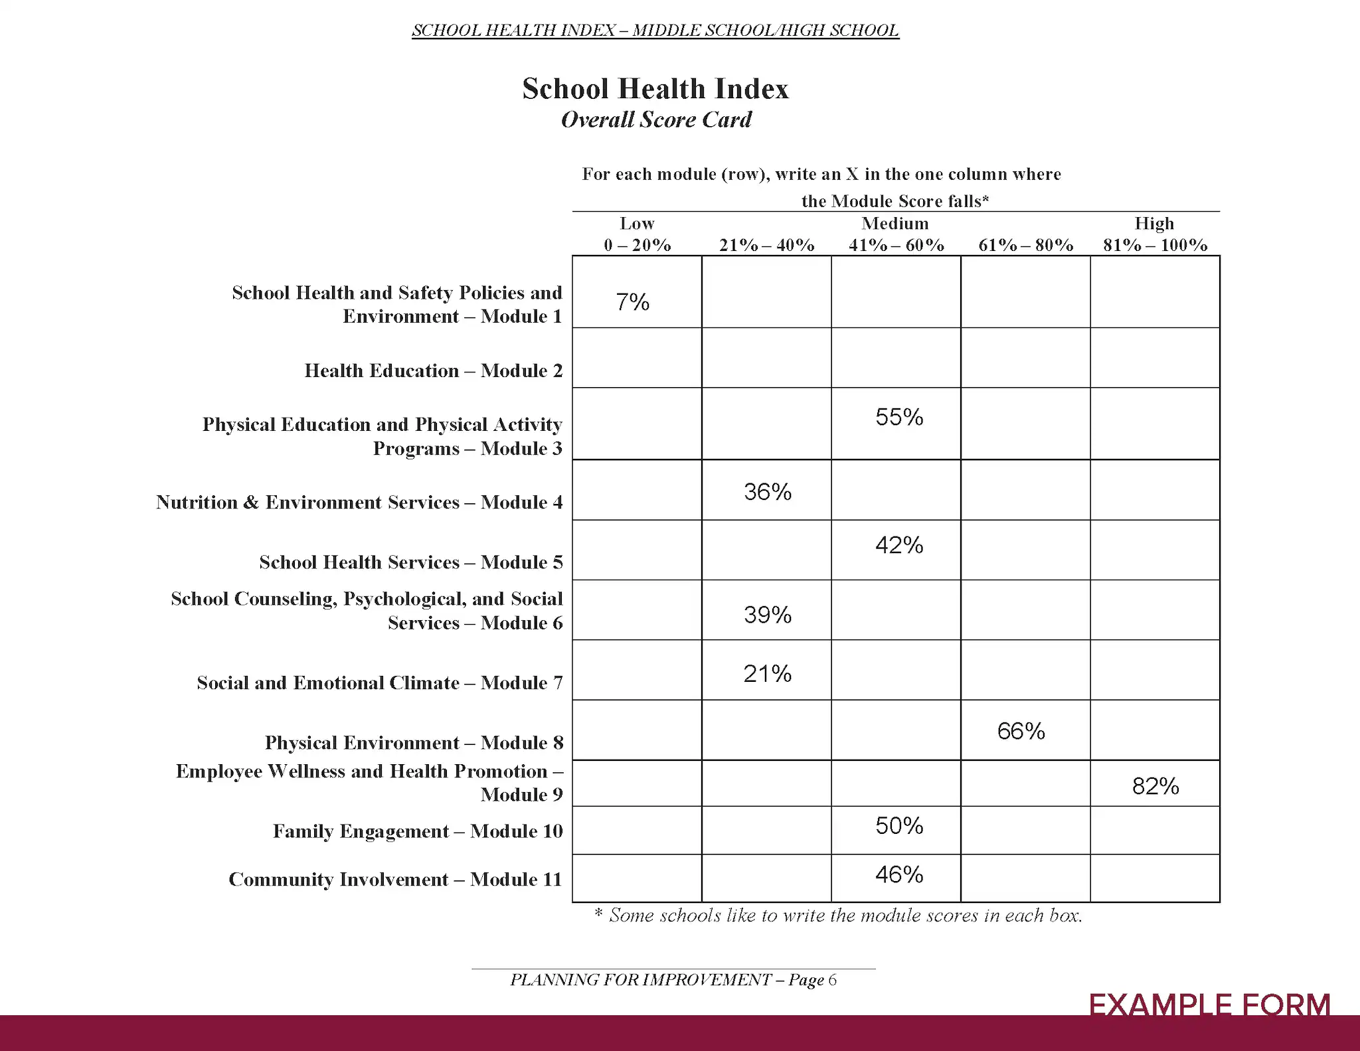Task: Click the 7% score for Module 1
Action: point(632,302)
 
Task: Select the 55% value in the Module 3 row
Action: point(899,417)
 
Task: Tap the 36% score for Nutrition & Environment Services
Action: point(768,492)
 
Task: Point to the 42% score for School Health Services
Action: point(899,545)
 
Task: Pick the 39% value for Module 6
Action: point(768,615)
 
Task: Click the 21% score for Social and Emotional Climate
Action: point(768,674)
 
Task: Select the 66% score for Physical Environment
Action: point(1021,731)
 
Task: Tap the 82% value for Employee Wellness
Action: point(1155,786)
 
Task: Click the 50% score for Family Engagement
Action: point(899,826)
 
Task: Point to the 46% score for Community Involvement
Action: point(899,874)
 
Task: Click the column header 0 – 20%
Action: point(637,245)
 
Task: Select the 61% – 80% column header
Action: point(1025,245)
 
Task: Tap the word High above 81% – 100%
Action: point(1154,224)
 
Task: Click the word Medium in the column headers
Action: point(895,224)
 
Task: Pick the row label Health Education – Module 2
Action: point(433,370)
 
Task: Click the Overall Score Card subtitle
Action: point(656,120)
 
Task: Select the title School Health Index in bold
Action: point(655,88)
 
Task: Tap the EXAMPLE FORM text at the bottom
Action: point(1209,1005)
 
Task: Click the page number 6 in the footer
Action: point(833,980)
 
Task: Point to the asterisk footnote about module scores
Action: point(838,916)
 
